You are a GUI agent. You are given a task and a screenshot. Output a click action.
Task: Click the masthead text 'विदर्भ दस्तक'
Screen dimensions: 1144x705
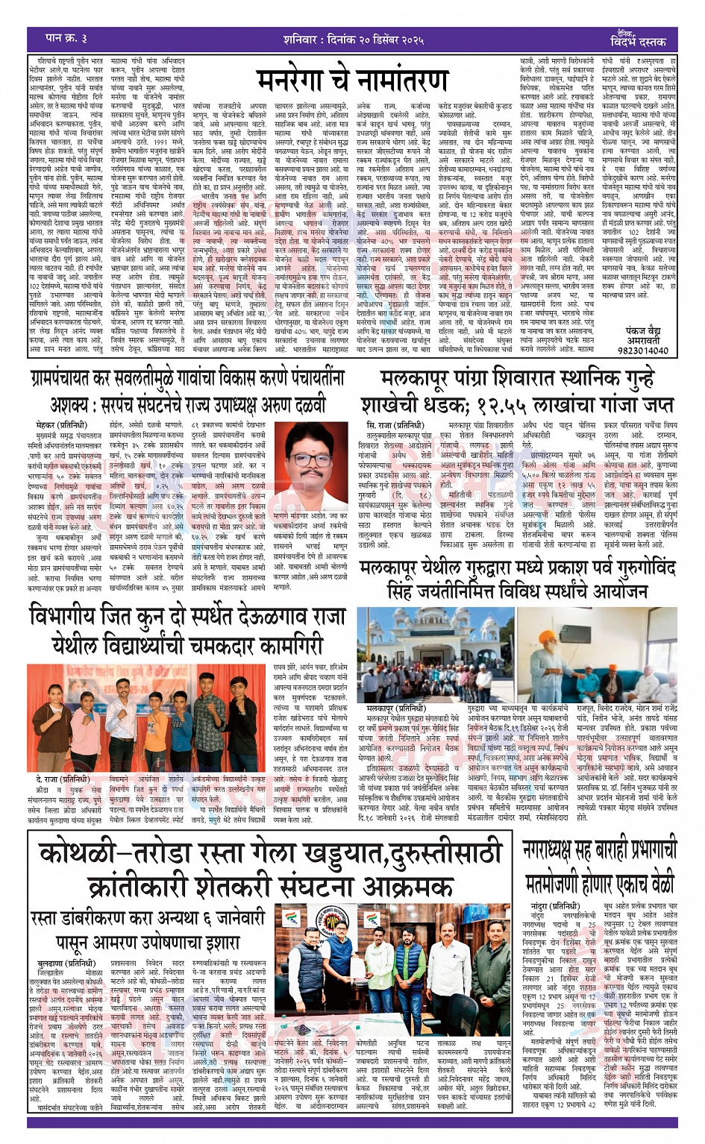[638, 41]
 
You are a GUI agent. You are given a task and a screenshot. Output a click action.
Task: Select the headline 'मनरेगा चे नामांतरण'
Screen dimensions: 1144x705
[352, 80]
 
